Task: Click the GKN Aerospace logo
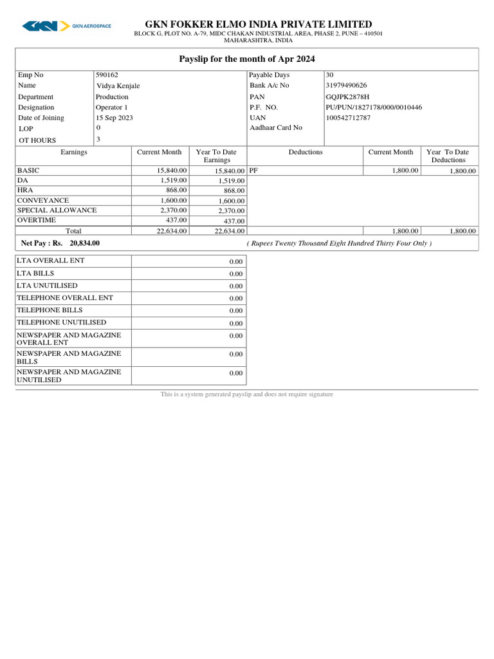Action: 66,26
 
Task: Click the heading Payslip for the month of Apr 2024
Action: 247,59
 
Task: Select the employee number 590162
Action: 107,75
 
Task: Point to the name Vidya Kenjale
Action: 118,86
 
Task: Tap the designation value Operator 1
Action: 112,107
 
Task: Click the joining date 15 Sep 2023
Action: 114,118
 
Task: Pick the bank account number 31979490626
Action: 347,85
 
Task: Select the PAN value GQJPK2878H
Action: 348,97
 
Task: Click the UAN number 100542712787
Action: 348,118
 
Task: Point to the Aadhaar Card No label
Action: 276,127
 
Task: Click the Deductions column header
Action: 306,152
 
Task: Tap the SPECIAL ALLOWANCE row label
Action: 57,210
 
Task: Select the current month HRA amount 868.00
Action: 176,190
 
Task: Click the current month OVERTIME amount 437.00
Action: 176,219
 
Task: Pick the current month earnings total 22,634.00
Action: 172,230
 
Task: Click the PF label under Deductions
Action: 253,171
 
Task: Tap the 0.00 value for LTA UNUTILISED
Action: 235,286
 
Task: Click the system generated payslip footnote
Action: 247,394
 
